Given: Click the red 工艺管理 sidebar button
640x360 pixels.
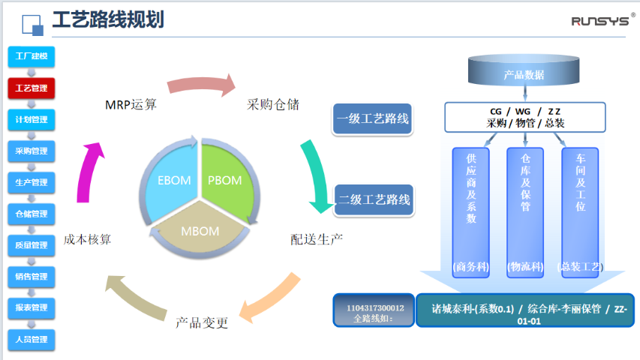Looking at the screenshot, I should (x=31, y=88).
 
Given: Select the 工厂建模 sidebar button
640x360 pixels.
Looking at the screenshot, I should (x=31, y=56).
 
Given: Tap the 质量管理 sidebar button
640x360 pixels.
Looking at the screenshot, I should (x=31, y=245).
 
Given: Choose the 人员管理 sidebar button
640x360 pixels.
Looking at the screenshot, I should (x=31, y=340).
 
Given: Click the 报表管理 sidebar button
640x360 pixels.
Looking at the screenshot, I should (x=31, y=308).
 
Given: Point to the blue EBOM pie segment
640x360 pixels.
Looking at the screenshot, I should (x=172, y=180).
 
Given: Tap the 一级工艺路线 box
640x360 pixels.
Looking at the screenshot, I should (x=373, y=119).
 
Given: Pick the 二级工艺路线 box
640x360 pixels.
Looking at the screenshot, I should (x=374, y=199).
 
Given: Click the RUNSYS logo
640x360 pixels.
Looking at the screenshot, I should (x=600, y=20).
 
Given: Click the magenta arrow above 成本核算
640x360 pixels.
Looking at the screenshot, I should (x=89, y=169).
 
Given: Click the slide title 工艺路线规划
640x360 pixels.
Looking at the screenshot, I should (x=107, y=20).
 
